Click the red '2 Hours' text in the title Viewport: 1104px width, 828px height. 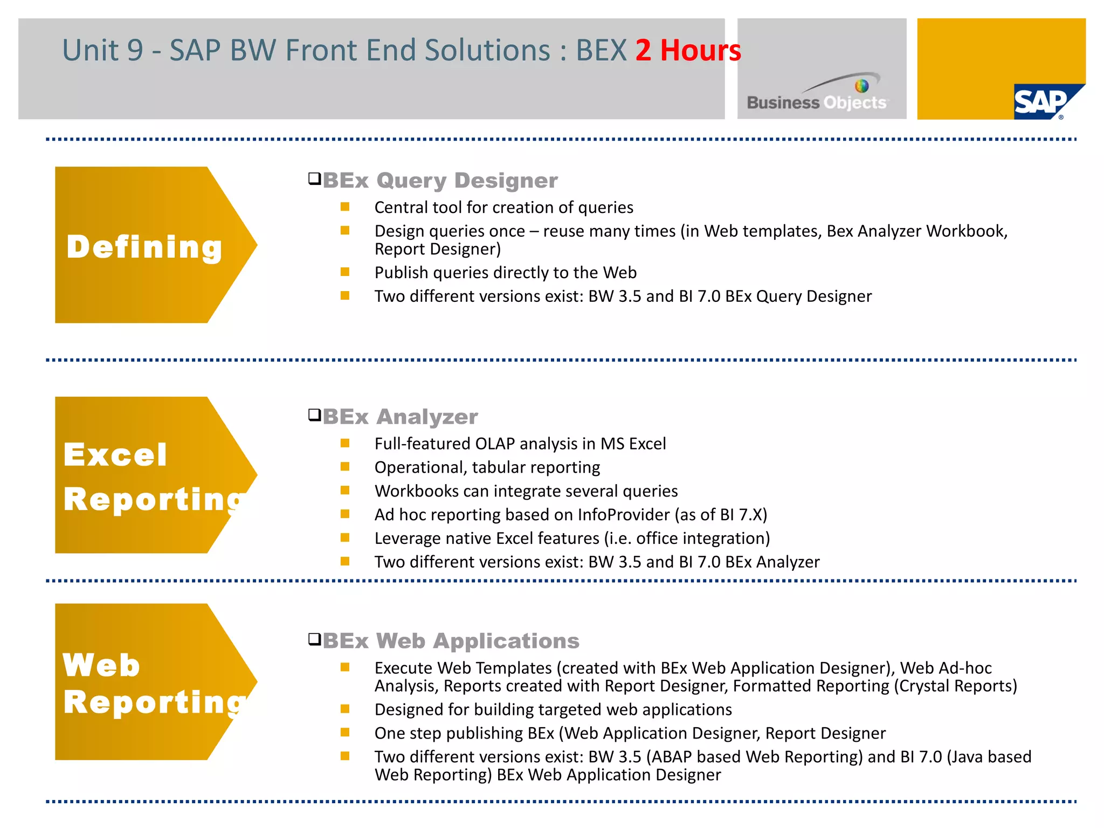point(687,51)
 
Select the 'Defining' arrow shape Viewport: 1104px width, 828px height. point(146,245)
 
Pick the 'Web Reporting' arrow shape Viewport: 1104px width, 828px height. point(146,682)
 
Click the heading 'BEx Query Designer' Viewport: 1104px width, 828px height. point(440,181)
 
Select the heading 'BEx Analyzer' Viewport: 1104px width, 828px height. point(400,417)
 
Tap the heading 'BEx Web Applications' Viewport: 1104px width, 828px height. point(451,641)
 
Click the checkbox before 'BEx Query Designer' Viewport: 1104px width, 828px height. point(314,178)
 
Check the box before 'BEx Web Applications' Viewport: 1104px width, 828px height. point(314,639)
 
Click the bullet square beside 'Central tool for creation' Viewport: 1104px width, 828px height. point(345,207)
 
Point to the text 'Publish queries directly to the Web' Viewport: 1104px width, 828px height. point(505,273)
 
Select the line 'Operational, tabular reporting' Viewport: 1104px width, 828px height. point(487,467)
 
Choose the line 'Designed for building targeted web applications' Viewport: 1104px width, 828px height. point(553,710)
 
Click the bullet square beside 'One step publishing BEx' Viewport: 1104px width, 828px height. point(345,733)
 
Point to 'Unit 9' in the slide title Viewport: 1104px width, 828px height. point(102,51)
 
